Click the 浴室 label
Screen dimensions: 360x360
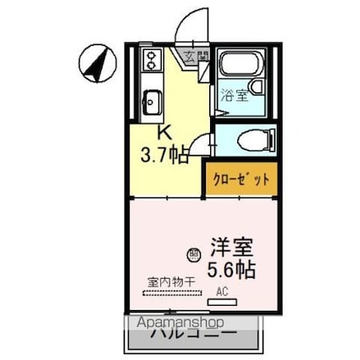click(235, 95)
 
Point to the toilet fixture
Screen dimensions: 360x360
click(252, 140)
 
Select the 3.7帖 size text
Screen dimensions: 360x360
click(164, 155)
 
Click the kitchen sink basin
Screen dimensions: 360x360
click(152, 102)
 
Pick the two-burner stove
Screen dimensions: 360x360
click(152, 61)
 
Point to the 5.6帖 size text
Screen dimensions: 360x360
click(230, 271)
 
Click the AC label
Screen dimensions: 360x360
click(222, 291)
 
